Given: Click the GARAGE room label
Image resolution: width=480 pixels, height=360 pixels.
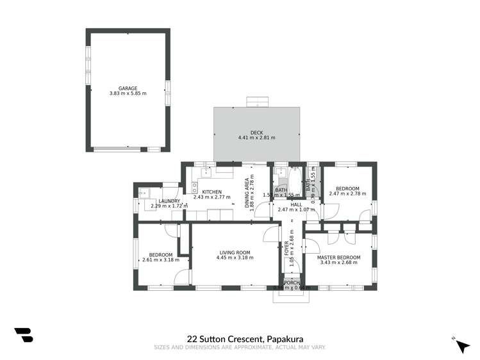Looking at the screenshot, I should coord(128,88).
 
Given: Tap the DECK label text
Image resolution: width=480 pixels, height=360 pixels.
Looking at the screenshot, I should coord(256,132).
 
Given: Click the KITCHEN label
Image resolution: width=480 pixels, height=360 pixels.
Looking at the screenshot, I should coord(211,192).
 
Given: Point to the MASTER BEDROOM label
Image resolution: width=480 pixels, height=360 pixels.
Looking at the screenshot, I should coord(339,258).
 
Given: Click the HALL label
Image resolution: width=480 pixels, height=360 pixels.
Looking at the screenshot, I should coord(295,204).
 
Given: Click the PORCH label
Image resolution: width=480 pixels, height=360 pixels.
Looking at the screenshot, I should coord(292,282).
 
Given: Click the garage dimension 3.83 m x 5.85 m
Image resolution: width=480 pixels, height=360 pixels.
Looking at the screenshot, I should coord(128,94).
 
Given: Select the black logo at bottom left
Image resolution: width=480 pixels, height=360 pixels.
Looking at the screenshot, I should coord(24,336).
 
